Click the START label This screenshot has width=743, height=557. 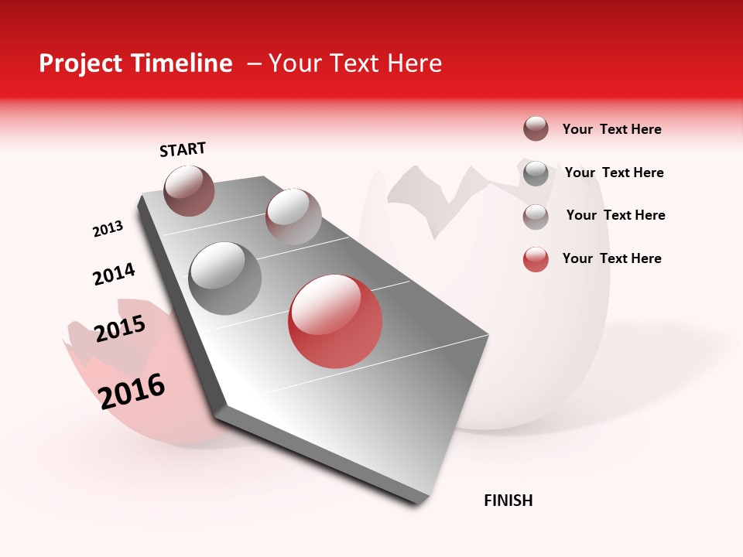(x=183, y=149)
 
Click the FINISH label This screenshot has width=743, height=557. (x=508, y=501)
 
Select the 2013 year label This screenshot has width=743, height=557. (x=108, y=229)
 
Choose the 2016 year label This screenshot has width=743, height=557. (x=132, y=391)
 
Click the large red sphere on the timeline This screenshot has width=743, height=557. (x=335, y=321)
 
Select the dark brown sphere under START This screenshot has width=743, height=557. (x=189, y=190)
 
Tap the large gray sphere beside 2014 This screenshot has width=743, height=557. (x=225, y=278)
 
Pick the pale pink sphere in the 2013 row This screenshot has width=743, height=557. (x=293, y=216)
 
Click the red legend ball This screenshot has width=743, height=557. (x=536, y=259)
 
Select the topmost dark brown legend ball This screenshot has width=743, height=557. (x=536, y=128)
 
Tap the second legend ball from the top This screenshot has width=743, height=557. (x=536, y=173)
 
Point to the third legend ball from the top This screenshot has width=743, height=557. (x=536, y=216)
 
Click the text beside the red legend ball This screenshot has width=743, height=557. (x=611, y=258)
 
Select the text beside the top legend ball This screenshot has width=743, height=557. (x=611, y=129)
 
